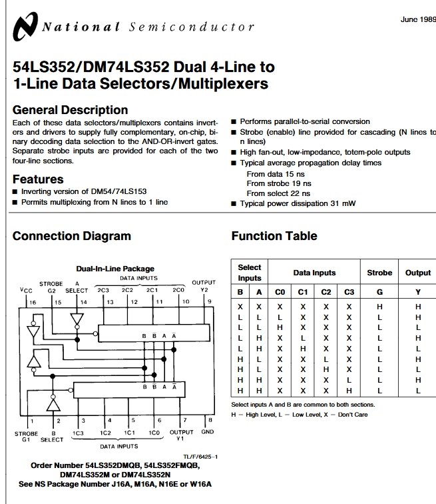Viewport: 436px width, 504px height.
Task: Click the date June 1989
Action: (x=418, y=19)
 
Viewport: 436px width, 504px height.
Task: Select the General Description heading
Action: (x=70, y=110)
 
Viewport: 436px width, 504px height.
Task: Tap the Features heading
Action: (x=38, y=179)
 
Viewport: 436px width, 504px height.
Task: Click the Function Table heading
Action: (x=274, y=236)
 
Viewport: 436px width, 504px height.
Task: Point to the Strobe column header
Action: (x=380, y=273)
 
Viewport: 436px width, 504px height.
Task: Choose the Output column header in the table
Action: (x=418, y=273)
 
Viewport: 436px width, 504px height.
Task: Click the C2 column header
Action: (x=326, y=291)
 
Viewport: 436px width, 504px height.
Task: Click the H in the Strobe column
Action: (x=380, y=307)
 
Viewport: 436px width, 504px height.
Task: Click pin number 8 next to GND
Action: (x=210, y=420)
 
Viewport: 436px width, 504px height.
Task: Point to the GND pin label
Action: (x=207, y=432)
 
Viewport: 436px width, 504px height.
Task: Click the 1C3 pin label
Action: (x=79, y=433)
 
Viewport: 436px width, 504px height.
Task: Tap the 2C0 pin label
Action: (x=178, y=290)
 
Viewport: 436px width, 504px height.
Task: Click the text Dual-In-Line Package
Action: (x=115, y=269)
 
